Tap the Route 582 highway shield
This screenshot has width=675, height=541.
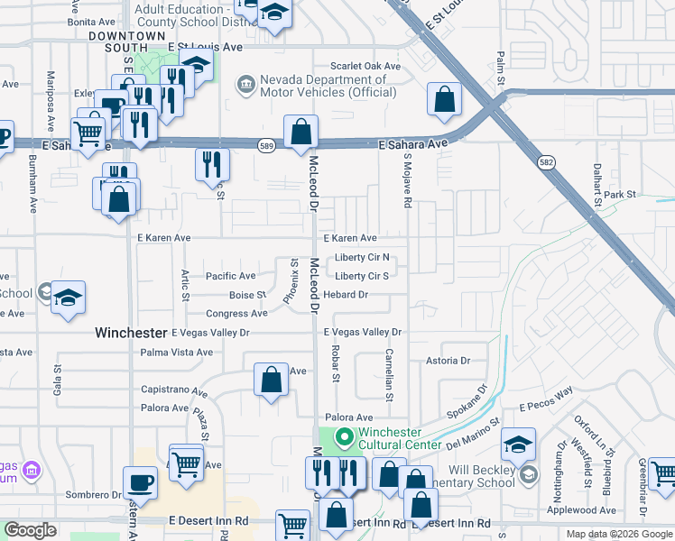(x=550, y=162)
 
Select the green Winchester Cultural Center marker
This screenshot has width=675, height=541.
(x=344, y=437)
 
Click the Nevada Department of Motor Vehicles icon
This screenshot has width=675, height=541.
(x=245, y=86)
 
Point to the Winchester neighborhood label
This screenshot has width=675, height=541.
(x=132, y=333)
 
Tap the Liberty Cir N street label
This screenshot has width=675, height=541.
(x=362, y=257)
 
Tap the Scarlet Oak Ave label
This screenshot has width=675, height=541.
(x=365, y=66)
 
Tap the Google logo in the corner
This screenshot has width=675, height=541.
(x=30, y=530)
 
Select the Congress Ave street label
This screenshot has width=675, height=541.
(x=236, y=314)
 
